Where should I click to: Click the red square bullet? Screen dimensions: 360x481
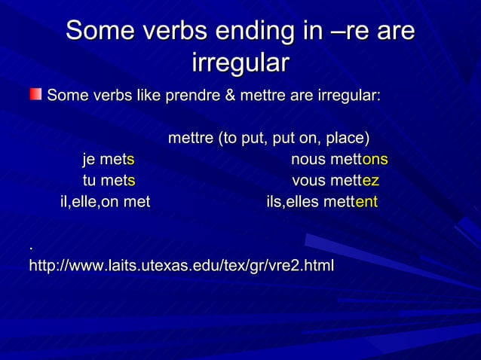pos(35,94)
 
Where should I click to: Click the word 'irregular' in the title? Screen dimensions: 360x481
pos(240,63)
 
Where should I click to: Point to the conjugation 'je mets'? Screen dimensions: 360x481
pos(109,160)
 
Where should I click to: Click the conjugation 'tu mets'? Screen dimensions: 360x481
pos(109,181)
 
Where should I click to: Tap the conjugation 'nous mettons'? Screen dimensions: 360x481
pos(339,160)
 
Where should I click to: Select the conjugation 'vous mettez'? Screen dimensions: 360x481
pos(335,181)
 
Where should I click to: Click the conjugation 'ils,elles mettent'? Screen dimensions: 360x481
pos(322,202)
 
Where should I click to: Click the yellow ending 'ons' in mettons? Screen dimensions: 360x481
pos(375,160)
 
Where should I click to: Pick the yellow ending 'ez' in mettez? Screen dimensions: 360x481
pos(370,181)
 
